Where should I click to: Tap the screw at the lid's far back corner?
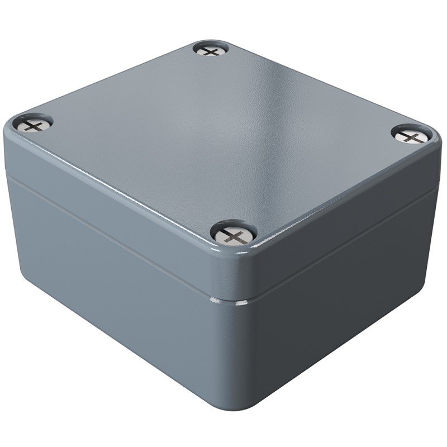click(211, 50)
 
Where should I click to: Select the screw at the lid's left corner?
click(33, 123)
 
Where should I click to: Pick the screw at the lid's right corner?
click(414, 136)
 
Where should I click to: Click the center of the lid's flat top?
click(223, 134)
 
